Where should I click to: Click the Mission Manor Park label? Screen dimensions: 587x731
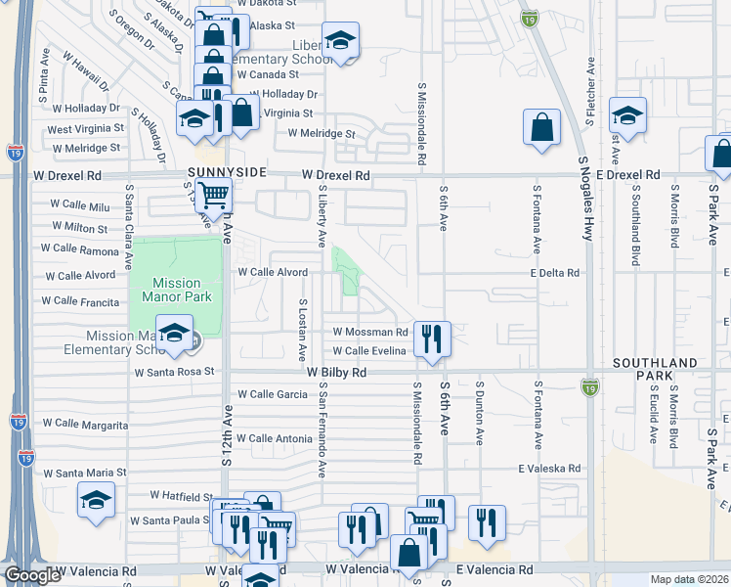(x=177, y=285)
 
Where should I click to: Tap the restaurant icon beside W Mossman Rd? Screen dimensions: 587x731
(x=431, y=339)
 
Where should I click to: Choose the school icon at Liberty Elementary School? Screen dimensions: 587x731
(x=340, y=40)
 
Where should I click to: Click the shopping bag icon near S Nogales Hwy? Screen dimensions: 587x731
(x=541, y=127)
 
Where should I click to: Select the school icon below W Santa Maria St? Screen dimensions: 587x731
(x=96, y=500)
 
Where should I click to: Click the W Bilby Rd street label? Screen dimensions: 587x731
(x=336, y=373)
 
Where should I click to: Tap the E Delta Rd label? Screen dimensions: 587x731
(x=555, y=274)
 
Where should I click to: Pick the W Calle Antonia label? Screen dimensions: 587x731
(x=267, y=439)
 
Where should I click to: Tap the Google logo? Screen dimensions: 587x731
(x=31, y=576)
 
